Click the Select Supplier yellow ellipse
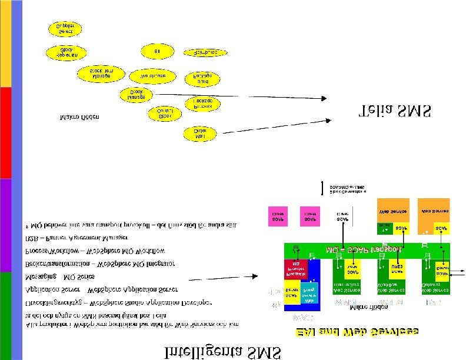coord(65,28)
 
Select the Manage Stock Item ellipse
coord(102,74)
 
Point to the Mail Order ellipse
coord(200,134)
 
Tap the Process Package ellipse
coord(203,104)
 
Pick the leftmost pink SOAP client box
coord(278,216)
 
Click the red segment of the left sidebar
coord(5,132)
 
